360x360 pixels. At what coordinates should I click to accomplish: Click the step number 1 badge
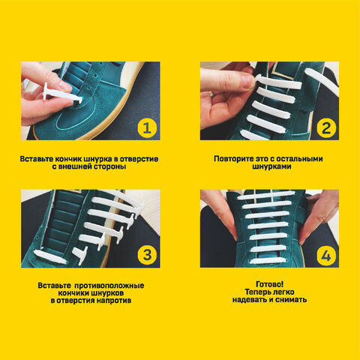click(147, 128)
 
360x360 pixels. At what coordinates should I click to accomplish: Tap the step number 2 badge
click(326, 128)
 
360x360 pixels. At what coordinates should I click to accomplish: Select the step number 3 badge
click(147, 254)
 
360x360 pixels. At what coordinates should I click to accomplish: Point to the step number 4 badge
click(326, 256)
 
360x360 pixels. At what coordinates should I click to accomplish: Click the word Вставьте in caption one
click(37, 159)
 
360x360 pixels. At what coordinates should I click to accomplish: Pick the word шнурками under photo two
click(271, 166)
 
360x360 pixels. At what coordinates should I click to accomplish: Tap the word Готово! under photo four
click(270, 284)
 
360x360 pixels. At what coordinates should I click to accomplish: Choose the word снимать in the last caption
click(291, 299)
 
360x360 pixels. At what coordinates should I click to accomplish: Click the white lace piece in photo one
click(62, 94)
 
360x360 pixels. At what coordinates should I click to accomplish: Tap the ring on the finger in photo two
click(211, 94)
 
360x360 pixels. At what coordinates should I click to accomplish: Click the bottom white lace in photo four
click(268, 260)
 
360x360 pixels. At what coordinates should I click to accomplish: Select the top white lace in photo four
click(266, 195)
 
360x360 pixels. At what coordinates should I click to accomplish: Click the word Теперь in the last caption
click(257, 292)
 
